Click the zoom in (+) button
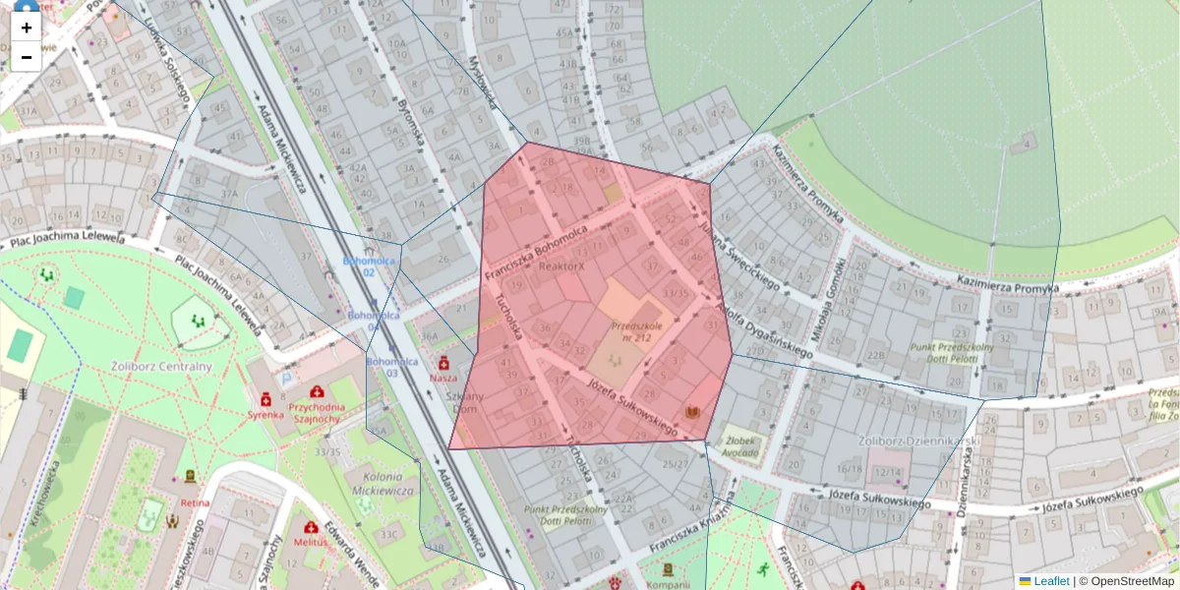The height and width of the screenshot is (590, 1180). click(x=27, y=28)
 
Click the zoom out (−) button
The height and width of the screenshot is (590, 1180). click(x=27, y=57)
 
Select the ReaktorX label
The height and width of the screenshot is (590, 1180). click(x=561, y=266)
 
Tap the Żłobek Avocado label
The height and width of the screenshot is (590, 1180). click(x=739, y=446)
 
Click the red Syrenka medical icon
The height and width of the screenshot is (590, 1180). click(x=265, y=399)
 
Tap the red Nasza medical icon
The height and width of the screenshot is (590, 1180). click(x=443, y=363)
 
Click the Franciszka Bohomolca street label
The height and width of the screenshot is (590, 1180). click(x=536, y=251)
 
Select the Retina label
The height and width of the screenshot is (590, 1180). click(x=195, y=502)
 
